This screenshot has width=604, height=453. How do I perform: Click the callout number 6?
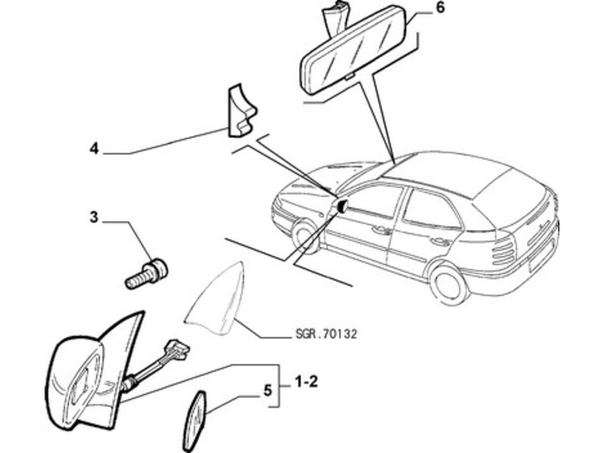(439, 8)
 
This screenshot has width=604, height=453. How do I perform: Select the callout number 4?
(94, 149)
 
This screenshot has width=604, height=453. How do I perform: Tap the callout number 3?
(94, 217)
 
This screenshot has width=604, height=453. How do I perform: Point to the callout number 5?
(267, 390)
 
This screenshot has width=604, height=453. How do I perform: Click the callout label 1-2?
(307, 382)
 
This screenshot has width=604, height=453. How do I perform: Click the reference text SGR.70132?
(326, 334)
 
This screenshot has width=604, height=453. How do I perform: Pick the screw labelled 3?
(146, 274)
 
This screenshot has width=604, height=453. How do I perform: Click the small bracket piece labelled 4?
(241, 110)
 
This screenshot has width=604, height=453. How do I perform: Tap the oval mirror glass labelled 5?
(196, 421)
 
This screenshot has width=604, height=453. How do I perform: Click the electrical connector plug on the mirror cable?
(178, 349)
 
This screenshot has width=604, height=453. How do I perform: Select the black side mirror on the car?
(341, 205)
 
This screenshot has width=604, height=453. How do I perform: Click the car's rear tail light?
(504, 254)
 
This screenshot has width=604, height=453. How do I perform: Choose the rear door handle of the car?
(440, 242)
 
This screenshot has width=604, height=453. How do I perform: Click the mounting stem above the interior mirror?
(332, 20)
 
